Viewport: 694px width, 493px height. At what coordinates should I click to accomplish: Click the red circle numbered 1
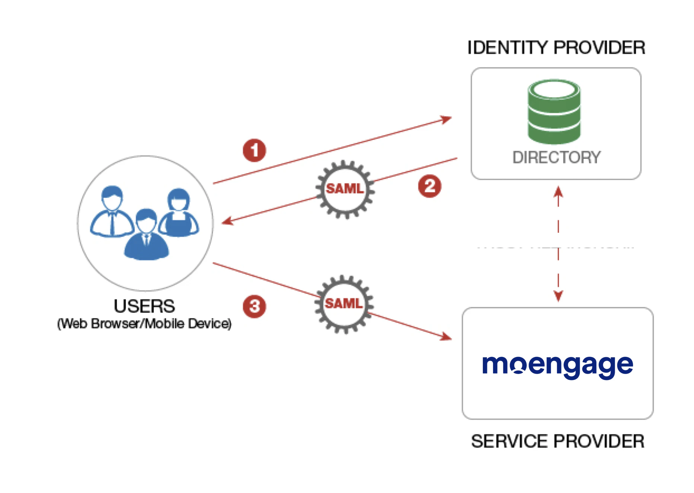coord(254,150)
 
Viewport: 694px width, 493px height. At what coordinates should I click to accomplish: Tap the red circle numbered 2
coord(429,186)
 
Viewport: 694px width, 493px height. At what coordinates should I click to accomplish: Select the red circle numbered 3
coord(254,306)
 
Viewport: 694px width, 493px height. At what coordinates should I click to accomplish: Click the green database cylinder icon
coord(554,112)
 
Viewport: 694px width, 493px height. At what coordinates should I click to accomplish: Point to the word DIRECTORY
coord(556,157)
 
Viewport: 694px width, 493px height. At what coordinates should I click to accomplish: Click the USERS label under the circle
coord(144,306)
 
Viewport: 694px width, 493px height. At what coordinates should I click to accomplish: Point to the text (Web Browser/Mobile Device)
coord(144,323)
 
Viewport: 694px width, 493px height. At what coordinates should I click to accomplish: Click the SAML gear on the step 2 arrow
coord(345,189)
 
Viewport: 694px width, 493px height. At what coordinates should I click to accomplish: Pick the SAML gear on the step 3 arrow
coord(344,304)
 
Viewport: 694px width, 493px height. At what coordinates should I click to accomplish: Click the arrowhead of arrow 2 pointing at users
coord(226,222)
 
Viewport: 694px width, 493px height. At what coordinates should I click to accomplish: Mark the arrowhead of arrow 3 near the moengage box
coord(446,337)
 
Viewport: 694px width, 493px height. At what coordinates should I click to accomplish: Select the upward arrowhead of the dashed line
coord(558,191)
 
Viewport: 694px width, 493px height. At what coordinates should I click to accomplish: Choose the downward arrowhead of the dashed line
coord(558,296)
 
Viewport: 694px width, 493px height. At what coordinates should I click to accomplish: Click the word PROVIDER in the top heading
coord(599,48)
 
